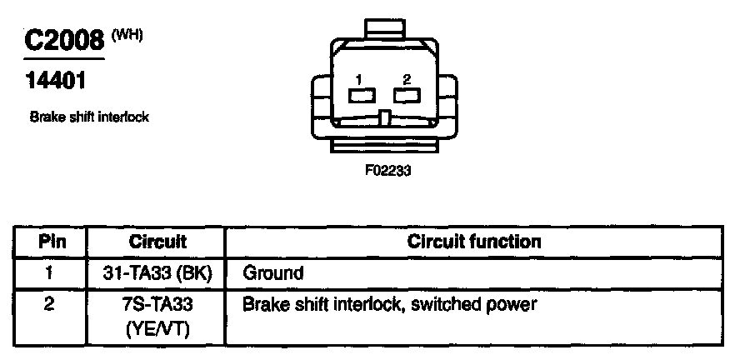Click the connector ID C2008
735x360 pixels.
[63, 42]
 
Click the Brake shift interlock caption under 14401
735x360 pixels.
[89, 117]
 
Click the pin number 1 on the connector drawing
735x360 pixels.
[357, 79]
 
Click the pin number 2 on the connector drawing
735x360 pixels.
[407, 79]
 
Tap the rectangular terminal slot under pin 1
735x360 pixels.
[359, 97]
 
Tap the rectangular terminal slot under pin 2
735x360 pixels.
[406, 97]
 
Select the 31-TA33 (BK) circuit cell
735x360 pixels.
[157, 272]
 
